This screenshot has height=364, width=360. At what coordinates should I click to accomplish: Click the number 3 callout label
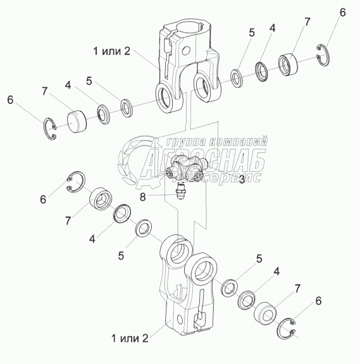[x=242, y=179]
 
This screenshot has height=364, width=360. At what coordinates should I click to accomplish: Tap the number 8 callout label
[x=142, y=197]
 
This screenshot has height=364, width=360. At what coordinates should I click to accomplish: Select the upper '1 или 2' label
[x=111, y=51]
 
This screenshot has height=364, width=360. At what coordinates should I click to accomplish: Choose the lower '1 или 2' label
[x=130, y=338]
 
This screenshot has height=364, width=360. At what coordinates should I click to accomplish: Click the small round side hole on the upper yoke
[x=186, y=51]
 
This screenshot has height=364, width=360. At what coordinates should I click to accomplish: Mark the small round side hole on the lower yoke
[x=180, y=320]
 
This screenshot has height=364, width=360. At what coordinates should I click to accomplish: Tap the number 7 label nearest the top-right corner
[x=307, y=22]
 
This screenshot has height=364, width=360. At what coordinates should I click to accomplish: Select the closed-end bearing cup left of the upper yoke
[x=77, y=120]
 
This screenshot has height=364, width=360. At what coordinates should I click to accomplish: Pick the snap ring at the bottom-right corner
[x=287, y=327]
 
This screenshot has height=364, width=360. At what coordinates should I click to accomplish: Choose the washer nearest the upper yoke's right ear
[x=237, y=78]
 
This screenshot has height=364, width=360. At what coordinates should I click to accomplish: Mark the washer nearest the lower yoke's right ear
[x=229, y=287]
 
